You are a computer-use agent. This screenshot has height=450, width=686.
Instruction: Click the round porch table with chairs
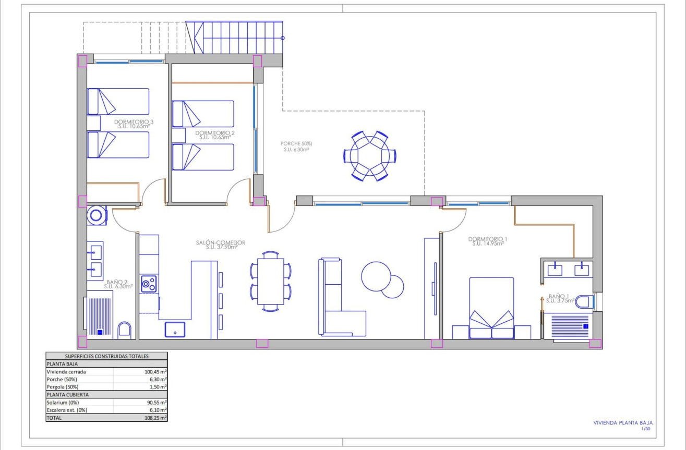point(370,156)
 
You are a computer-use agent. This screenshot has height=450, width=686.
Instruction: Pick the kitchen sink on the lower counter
point(175,330)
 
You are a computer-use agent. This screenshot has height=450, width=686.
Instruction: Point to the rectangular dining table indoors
point(271,282)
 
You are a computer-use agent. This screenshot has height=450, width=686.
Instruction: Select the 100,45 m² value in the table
point(155,372)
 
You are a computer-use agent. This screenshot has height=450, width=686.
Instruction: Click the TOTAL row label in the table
point(54,418)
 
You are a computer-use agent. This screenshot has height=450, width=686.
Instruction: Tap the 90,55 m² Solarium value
point(155,403)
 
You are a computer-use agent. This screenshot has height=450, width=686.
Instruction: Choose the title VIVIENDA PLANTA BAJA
point(623,423)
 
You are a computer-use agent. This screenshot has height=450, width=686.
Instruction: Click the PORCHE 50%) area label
point(296,146)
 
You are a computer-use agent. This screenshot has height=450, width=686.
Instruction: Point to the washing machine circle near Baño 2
point(97,215)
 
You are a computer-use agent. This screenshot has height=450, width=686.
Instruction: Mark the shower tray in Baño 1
point(568,326)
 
